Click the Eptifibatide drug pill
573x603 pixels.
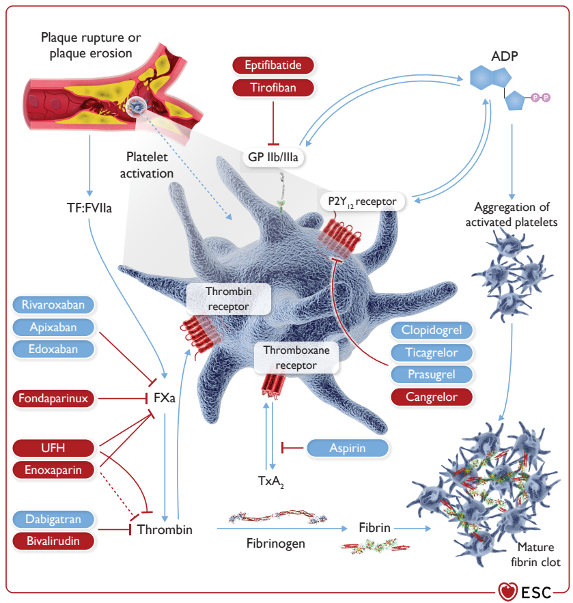[x=273, y=65]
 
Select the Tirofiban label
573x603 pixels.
[x=273, y=87]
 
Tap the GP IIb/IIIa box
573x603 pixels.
[x=273, y=157]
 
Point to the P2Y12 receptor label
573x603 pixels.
[x=362, y=201]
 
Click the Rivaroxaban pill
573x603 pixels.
[x=53, y=305]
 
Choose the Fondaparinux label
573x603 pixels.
[x=53, y=398]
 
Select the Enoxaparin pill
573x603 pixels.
[x=53, y=470]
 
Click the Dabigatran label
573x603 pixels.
[x=53, y=519]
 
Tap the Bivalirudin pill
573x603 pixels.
[x=53, y=541]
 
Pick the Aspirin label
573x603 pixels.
[x=348, y=448]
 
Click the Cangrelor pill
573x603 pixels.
[x=432, y=397]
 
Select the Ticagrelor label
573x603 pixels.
[x=432, y=352]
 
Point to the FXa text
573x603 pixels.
[x=164, y=397]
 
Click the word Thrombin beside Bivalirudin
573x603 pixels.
[x=165, y=529]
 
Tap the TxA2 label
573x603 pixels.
[x=271, y=481]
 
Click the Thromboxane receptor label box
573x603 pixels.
[x=296, y=358]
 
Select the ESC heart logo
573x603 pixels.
[x=507, y=591]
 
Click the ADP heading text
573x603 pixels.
[x=505, y=56]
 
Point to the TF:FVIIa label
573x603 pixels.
[x=89, y=208]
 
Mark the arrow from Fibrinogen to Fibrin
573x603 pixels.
[x=282, y=529]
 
